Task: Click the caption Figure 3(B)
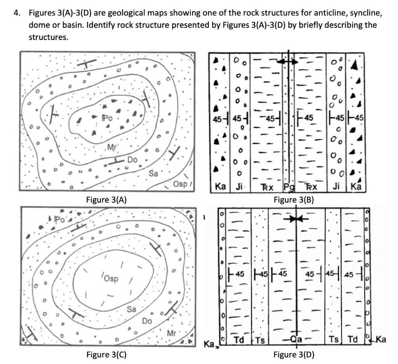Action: coord(294,200)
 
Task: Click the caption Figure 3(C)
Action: coord(106,354)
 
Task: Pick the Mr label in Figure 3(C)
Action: coord(171,333)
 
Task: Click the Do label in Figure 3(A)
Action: coord(132,160)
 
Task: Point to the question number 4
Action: coord(16,13)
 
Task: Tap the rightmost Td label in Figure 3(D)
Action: coord(353,339)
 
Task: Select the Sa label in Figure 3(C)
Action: coord(131,310)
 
